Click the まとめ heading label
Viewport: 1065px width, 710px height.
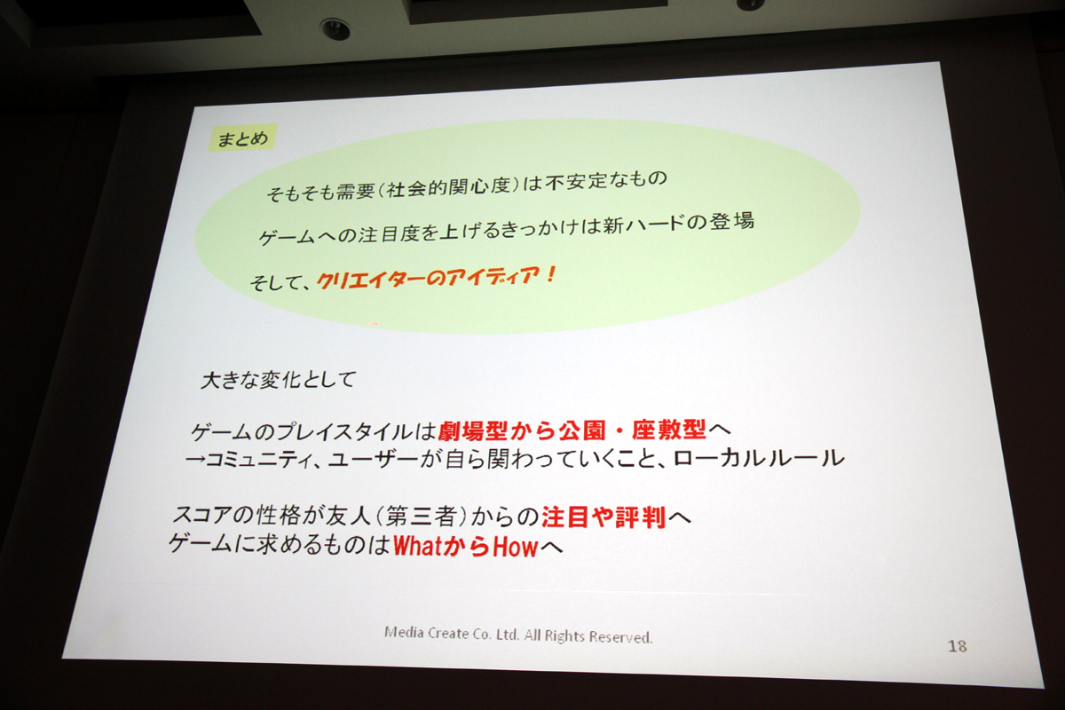pos(242,138)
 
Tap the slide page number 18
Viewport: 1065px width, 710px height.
pos(957,646)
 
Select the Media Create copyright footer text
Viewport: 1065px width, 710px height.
pos(518,635)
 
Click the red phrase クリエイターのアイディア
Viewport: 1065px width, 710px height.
pos(429,279)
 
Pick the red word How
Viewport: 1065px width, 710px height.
pos(515,547)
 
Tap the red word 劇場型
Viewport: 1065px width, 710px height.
pos(474,430)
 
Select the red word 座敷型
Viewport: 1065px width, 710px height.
pos(669,430)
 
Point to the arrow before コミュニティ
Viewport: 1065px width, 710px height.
pos(195,460)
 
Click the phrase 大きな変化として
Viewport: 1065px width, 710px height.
pos(278,380)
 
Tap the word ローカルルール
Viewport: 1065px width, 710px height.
pos(759,459)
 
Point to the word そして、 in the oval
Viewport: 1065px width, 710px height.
pos(280,283)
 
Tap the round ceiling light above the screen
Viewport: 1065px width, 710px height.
pos(335,30)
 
